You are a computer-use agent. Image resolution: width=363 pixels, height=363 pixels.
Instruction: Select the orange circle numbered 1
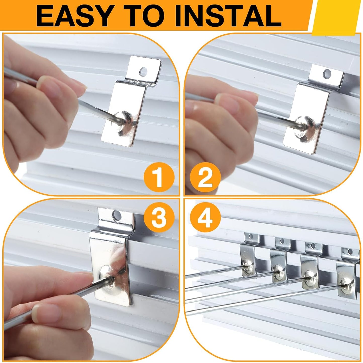(x=159, y=178)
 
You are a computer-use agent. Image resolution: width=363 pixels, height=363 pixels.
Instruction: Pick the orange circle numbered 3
(x=159, y=217)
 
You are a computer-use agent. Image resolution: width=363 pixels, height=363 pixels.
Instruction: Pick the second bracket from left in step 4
(x=279, y=259)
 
